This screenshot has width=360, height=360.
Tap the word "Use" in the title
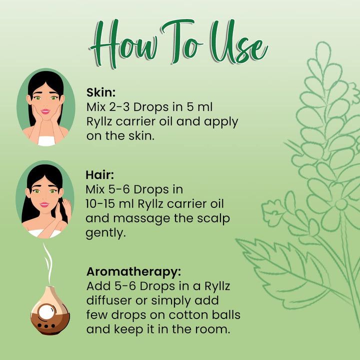239,41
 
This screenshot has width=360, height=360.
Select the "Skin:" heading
101,92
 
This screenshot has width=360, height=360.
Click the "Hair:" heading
99,174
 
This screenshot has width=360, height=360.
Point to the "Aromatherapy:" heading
133,271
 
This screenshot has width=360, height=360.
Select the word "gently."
105,233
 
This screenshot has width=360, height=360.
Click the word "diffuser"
109,300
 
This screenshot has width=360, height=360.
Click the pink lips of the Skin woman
45,111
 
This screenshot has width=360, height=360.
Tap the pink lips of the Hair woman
44,204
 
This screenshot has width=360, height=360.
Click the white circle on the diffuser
46,312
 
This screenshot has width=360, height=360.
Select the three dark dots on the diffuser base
46,326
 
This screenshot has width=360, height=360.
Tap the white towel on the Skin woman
46,140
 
